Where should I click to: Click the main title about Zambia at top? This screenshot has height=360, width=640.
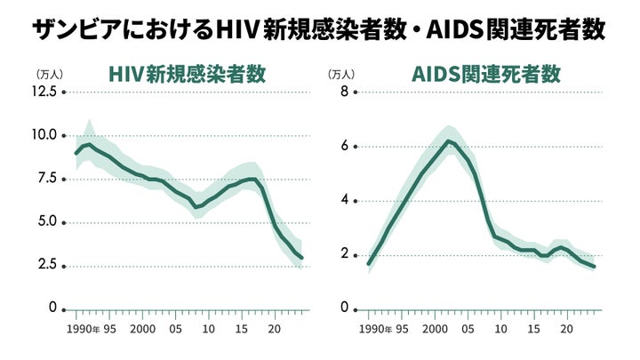click(x=319, y=30)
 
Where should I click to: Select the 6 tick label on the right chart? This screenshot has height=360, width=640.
click(x=344, y=147)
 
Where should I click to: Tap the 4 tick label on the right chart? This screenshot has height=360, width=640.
click(x=344, y=201)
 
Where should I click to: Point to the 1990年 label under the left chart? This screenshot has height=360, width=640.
click(x=84, y=329)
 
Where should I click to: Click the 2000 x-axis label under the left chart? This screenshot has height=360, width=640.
click(x=143, y=329)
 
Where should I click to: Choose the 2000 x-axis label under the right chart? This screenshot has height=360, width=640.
click(x=435, y=329)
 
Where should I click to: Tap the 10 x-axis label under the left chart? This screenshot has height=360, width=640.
click(x=209, y=329)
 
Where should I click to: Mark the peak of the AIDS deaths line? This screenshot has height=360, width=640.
click(x=448, y=141)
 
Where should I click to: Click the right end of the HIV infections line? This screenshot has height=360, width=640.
click(x=301, y=259)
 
